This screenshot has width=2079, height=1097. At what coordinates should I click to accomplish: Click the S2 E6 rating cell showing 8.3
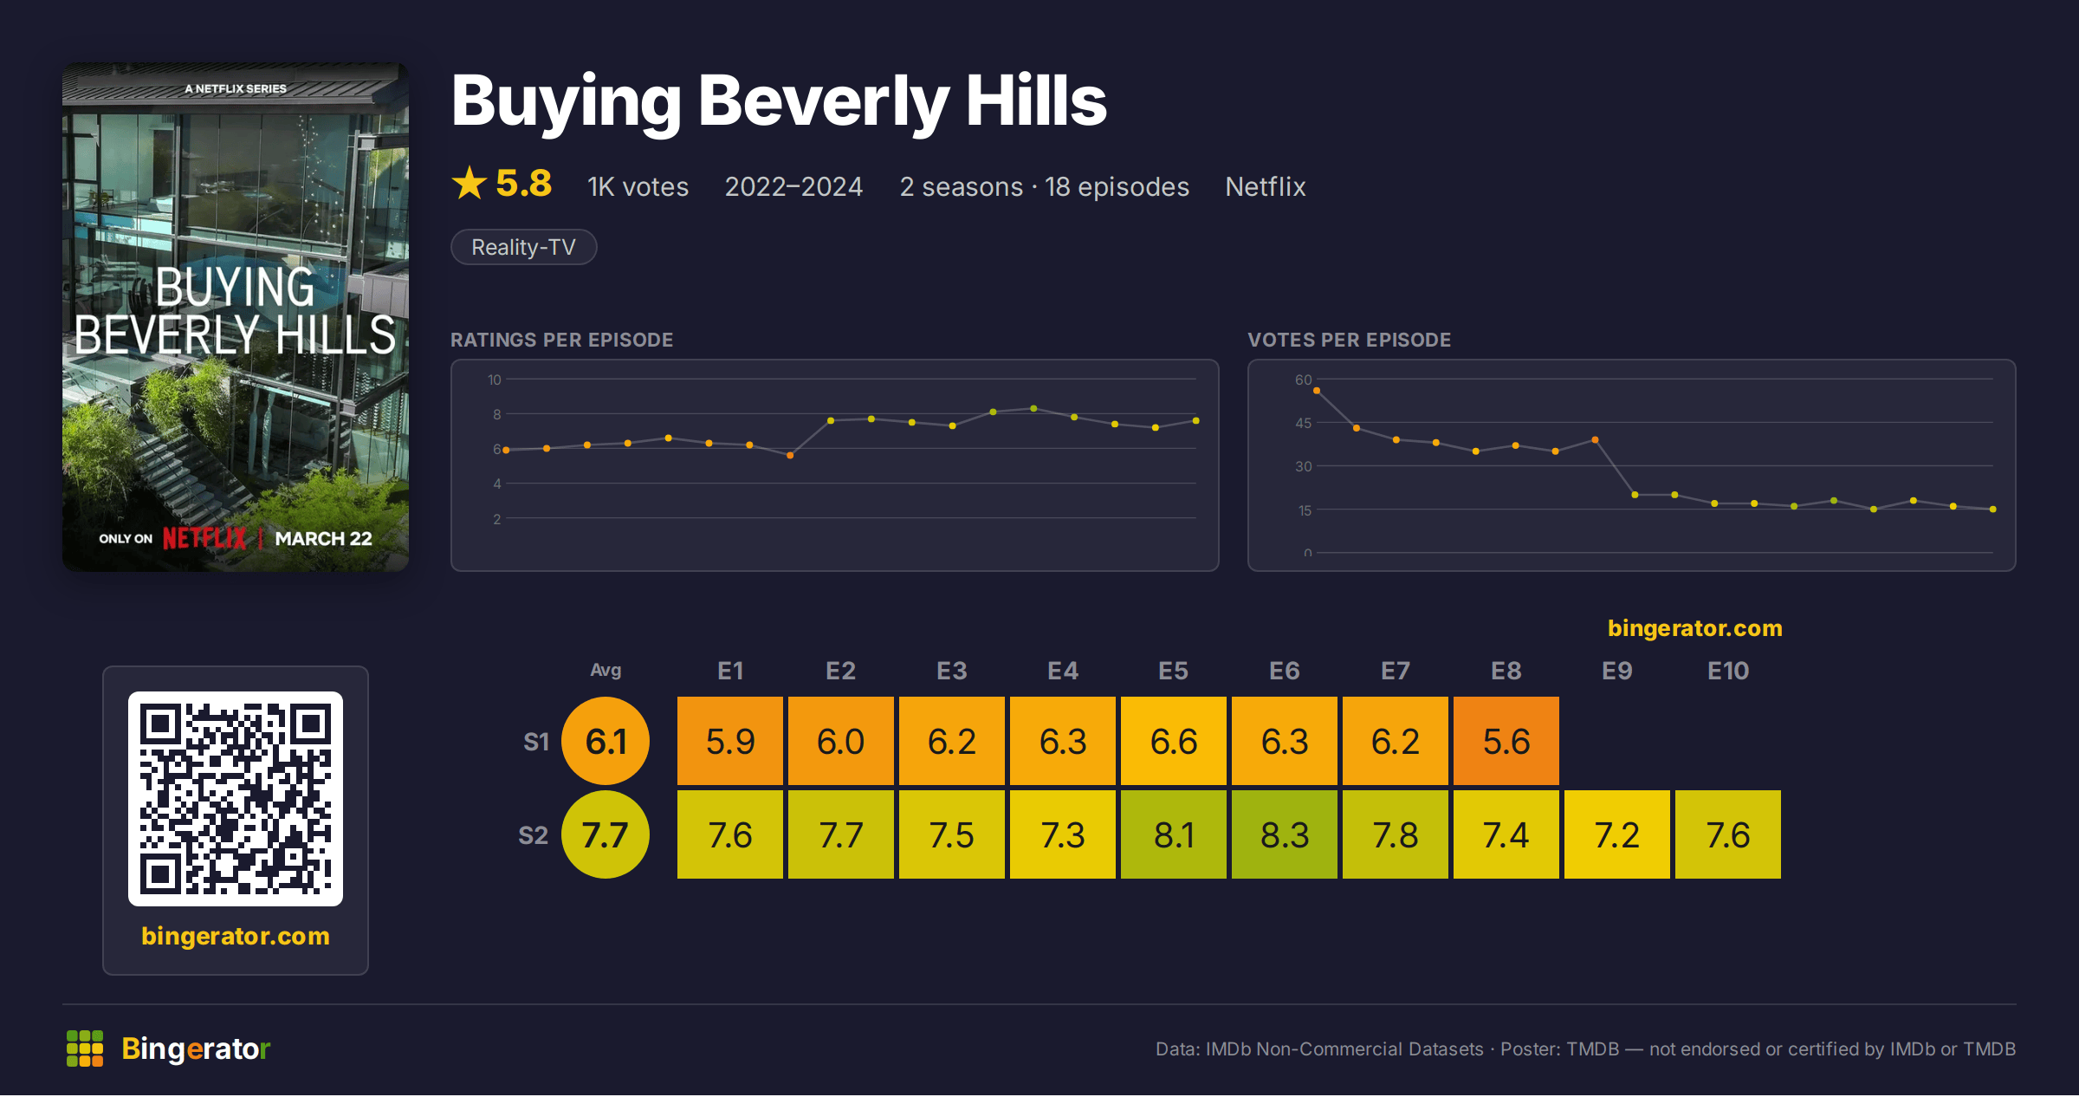pyautogui.click(x=1285, y=834)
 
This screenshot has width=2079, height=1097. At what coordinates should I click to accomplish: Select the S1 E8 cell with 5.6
pyautogui.click(x=1506, y=741)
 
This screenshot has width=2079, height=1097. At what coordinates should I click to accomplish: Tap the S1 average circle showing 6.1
pyautogui.click(x=606, y=741)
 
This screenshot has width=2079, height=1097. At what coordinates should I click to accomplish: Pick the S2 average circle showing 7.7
pyautogui.click(x=606, y=834)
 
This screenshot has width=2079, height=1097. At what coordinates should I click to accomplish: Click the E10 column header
pyautogui.click(x=1728, y=671)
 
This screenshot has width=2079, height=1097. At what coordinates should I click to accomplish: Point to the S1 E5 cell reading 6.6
pyautogui.click(x=1174, y=741)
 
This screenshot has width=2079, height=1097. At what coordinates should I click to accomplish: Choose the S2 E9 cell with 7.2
pyautogui.click(x=1617, y=834)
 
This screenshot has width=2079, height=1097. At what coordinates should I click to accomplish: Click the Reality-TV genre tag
pyautogui.click(x=524, y=247)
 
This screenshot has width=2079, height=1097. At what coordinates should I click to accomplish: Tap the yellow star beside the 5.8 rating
pyautogui.click(x=470, y=183)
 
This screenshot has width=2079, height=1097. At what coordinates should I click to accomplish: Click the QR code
pyautogui.click(x=236, y=798)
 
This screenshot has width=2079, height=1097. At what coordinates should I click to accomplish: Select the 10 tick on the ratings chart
pyautogui.click(x=495, y=380)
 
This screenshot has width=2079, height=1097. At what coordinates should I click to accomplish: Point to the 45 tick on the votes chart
pyautogui.click(x=1304, y=423)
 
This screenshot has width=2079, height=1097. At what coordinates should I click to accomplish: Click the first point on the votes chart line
pyautogui.click(x=1317, y=391)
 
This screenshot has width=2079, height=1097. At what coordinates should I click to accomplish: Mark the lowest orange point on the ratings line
pyautogui.click(x=790, y=455)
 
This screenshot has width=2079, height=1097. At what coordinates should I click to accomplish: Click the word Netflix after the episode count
pyautogui.click(x=1265, y=186)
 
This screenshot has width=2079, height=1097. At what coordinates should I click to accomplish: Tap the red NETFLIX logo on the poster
pyautogui.click(x=204, y=538)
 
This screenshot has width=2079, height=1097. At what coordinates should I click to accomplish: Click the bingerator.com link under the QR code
pyautogui.click(x=236, y=936)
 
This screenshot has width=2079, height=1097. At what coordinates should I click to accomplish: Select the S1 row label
pyautogui.click(x=536, y=742)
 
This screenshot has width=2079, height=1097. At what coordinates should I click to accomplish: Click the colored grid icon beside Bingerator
pyautogui.click(x=85, y=1048)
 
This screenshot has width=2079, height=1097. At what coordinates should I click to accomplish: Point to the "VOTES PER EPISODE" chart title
pyautogui.click(x=1349, y=340)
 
